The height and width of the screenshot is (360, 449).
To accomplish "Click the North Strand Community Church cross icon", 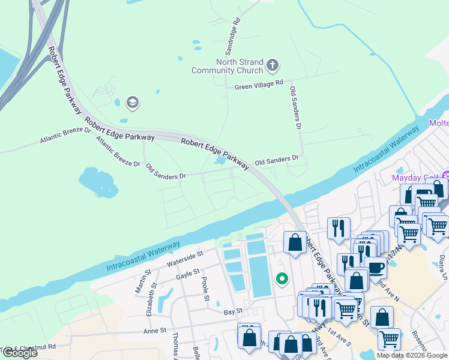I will pos(272,64).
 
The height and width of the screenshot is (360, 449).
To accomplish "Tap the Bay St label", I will pos(232,311).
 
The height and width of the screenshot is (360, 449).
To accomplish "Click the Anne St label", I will pos(154,331).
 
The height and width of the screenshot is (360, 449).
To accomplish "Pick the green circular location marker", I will pos(280,278).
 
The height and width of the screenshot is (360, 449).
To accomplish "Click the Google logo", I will pos(19,353).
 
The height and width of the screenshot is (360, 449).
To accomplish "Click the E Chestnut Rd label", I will pos(33,347).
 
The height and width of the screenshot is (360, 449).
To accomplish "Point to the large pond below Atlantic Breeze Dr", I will pos(98,182).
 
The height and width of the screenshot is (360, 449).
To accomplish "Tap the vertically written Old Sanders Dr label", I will pos(295,108).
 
